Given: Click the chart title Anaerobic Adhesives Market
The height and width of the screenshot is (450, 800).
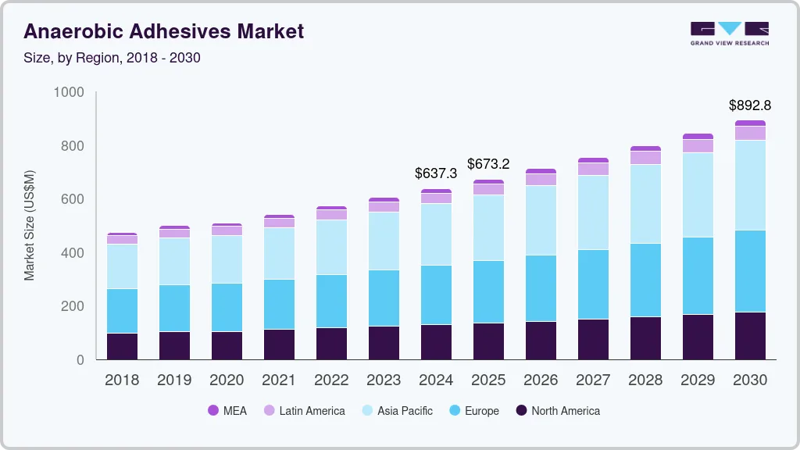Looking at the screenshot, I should (163, 31).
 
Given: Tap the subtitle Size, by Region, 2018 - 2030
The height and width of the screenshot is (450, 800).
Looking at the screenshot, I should (112, 58).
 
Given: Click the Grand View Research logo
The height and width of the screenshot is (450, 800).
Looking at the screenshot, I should (729, 33).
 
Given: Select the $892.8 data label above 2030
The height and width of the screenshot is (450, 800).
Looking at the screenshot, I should (750, 105).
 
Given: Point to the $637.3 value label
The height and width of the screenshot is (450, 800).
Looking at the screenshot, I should (435, 173).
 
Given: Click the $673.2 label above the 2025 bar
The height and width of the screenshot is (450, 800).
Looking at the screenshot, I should (488, 164).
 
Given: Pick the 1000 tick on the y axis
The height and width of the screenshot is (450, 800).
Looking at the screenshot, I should (68, 93).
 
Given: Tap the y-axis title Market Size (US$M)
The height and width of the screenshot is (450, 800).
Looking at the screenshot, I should (29, 225).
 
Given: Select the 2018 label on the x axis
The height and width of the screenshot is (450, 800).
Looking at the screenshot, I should (122, 380).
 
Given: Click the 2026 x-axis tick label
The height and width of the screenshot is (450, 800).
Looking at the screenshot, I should (541, 380).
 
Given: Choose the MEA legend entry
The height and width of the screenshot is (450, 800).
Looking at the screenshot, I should (227, 411).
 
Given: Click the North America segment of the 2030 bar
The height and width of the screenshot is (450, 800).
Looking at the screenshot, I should (750, 336).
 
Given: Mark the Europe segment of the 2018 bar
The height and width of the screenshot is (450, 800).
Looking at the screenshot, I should (122, 311).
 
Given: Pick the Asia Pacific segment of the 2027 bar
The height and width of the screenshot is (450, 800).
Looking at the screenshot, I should (593, 212).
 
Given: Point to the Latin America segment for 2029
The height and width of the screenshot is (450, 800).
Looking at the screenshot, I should (698, 146).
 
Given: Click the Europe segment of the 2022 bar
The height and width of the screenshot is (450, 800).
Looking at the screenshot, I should (331, 301).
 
